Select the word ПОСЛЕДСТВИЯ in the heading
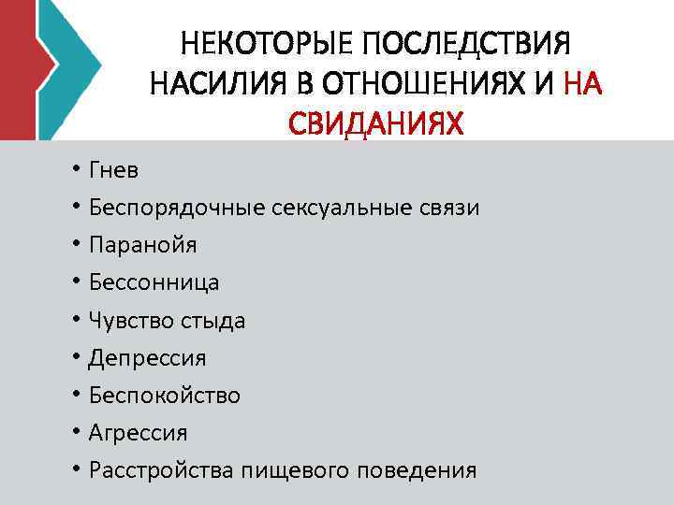pyautogui.click(x=465, y=44)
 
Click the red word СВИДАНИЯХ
pyautogui.click(x=375, y=123)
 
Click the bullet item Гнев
pyautogui.click(x=113, y=170)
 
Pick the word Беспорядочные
pyautogui.click(x=177, y=208)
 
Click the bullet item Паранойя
pyautogui.click(x=143, y=245)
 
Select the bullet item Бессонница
pyautogui.click(x=154, y=282)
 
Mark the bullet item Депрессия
pyautogui.click(x=148, y=358)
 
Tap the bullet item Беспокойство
pyautogui.click(x=165, y=396)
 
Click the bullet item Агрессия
pyautogui.click(x=139, y=433)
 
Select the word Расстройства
pyautogui.click(x=161, y=470)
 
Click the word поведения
pyautogui.click(x=417, y=470)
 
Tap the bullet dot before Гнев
pyautogui.click(x=74, y=171)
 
